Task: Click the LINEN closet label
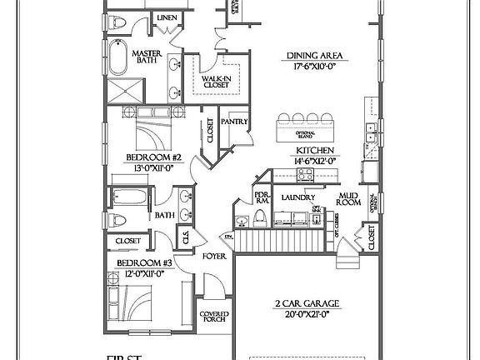coord(167,17)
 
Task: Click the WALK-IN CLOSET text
coord(216,81)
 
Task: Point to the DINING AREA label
coord(316,56)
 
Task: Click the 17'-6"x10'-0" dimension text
coord(316,68)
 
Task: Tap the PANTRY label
coord(237,122)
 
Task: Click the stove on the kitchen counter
coord(305,174)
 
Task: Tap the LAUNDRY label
coord(297,197)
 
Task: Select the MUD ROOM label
coord(348,200)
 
